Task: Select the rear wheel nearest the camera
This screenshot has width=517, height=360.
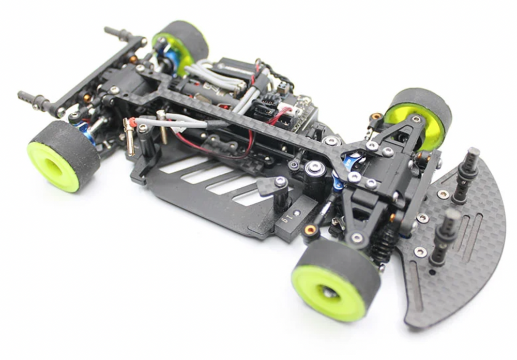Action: [x=62, y=156]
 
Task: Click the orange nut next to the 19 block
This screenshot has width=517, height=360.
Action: [x=311, y=229]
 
